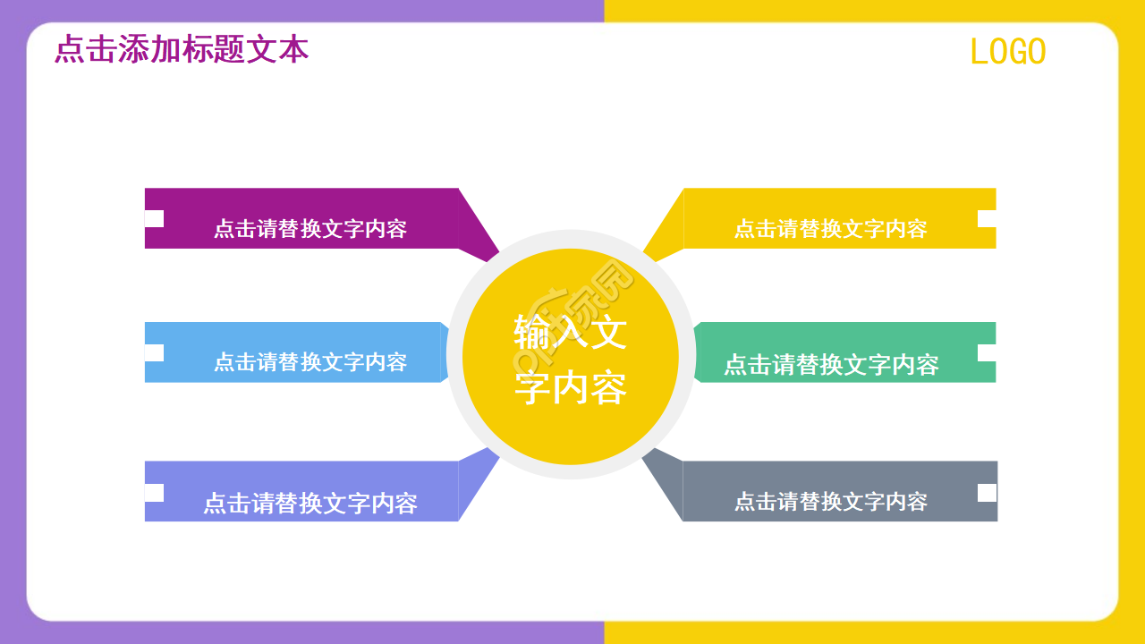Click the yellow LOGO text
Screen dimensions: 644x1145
(1008, 52)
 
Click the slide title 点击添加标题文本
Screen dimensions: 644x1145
(182, 49)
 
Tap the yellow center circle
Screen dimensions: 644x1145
(571, 356)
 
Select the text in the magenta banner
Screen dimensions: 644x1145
(310, 229)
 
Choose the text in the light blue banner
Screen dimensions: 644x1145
(310, 362)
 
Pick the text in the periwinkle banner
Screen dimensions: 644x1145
(310, 503)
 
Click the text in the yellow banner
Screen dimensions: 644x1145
(831, 229)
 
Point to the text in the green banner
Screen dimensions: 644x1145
(831, 365)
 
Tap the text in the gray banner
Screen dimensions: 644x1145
(831, 502)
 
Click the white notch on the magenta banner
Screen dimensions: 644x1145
(154, 218)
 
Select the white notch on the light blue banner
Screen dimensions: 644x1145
(154, 352)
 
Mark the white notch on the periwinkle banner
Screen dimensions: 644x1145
(154, 492)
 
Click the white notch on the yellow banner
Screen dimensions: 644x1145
(987, 218)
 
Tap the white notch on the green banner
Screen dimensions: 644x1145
(987, 352)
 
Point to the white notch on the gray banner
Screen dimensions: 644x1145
(987, 492)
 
